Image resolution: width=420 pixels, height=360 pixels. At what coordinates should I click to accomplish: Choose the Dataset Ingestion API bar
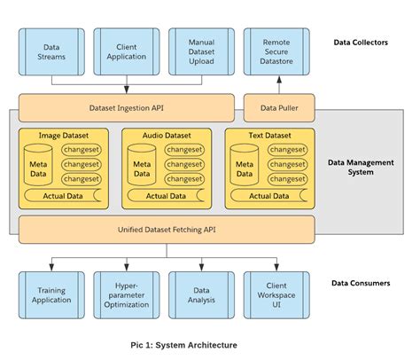click(126, 108)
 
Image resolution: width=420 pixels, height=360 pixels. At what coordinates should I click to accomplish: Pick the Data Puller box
click(277, 108)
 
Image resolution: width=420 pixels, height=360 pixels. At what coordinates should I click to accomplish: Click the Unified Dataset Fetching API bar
click(166, 229)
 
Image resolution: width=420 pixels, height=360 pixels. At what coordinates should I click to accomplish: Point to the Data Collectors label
click(361, 42)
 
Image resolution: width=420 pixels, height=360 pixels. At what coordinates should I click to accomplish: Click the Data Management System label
click(362, 167)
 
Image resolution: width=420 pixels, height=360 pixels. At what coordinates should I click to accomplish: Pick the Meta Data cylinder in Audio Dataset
click(142, 168)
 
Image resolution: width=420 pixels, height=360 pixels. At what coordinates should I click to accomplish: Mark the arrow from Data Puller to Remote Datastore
click(277, 85)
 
